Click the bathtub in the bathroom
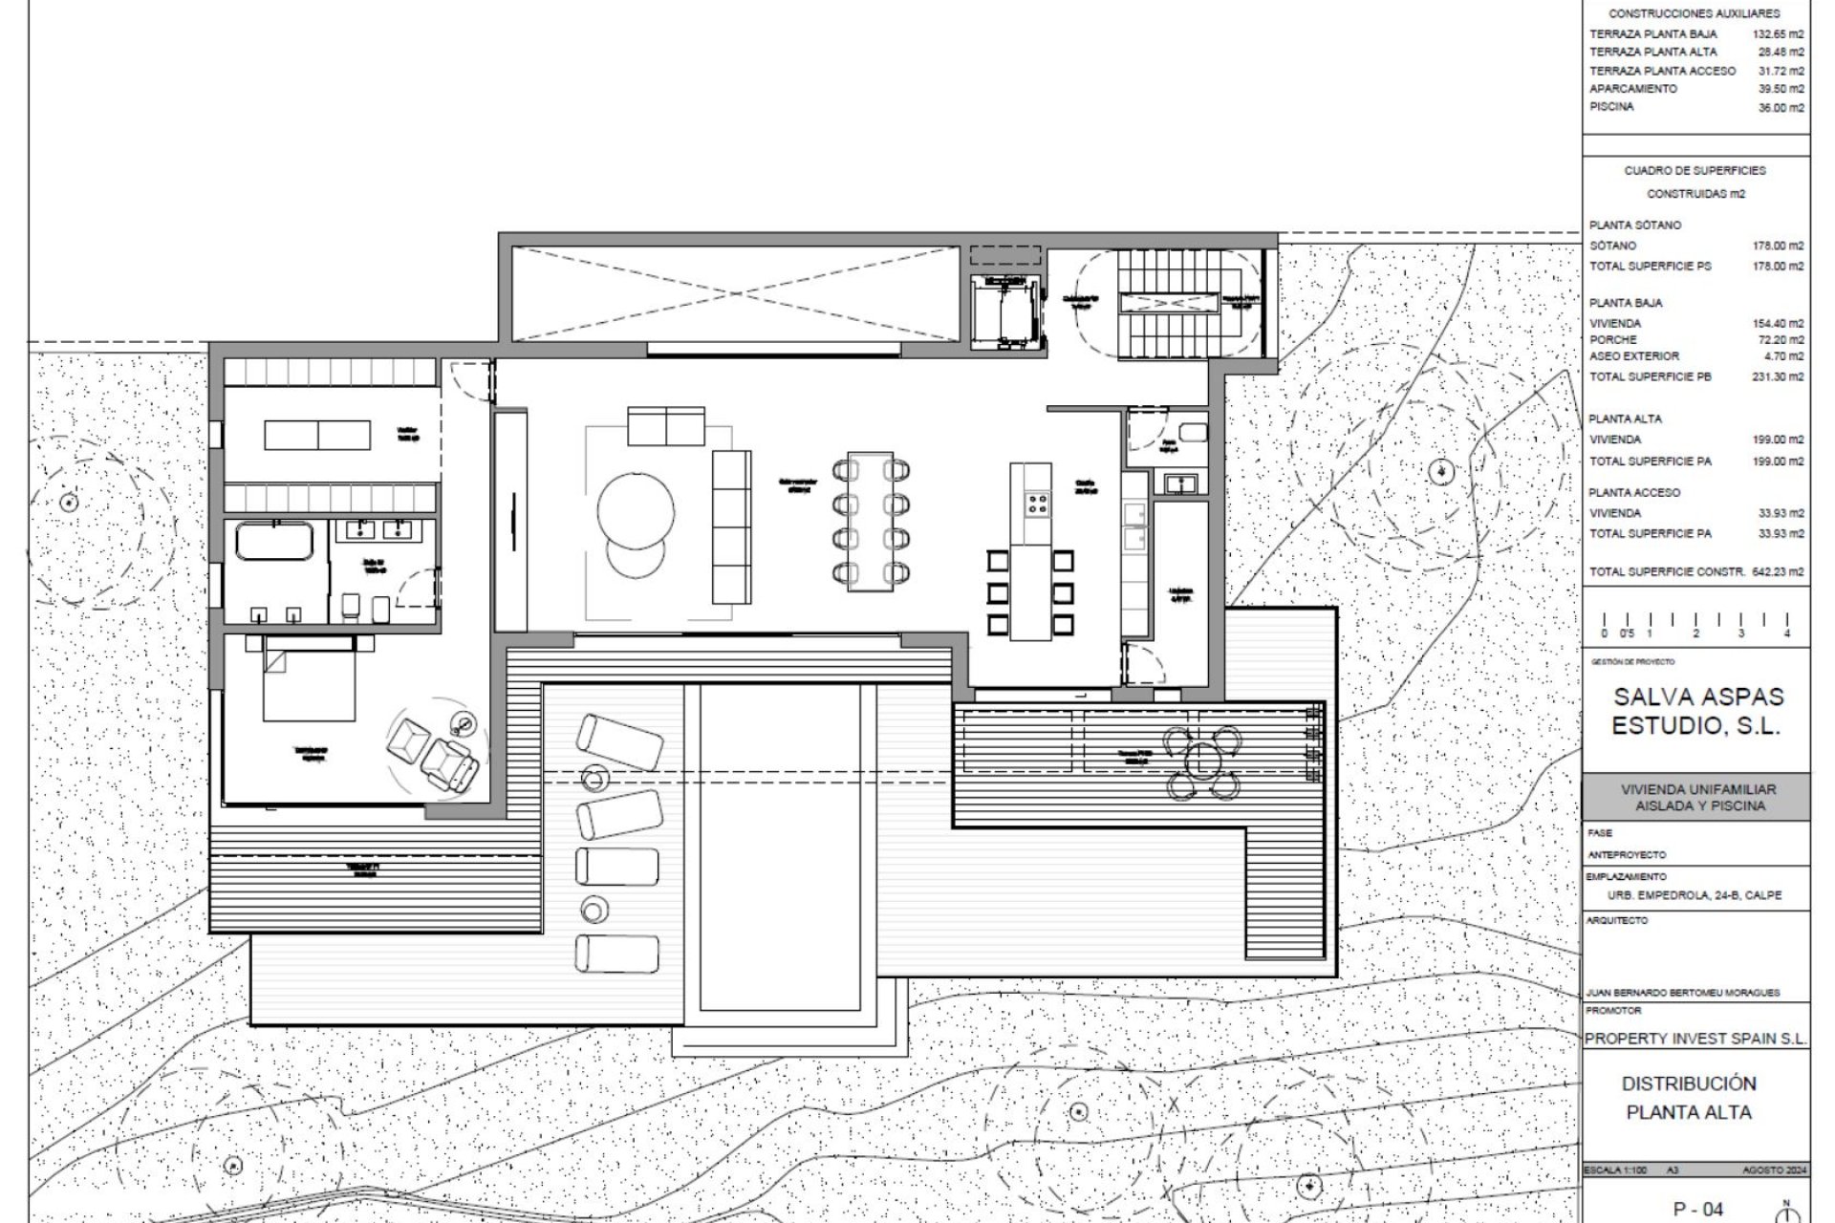[x=274, y=541]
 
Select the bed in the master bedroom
[x=309, y=680]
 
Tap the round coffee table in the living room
[x=636, y=511]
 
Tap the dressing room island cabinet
[x=316, y=435]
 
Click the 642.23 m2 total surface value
[x=1777, y=571]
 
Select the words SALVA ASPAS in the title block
[x=1698, y=697]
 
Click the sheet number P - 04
[x=1697, y=1209]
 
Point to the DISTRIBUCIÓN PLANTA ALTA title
[x=1689, y=1098]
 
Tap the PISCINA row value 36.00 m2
[x=1781, y=108]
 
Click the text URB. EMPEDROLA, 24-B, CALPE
[x=1695, y=896]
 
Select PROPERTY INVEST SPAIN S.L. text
[x=1695, y=1038]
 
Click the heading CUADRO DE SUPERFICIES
[x=1695, y=170]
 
